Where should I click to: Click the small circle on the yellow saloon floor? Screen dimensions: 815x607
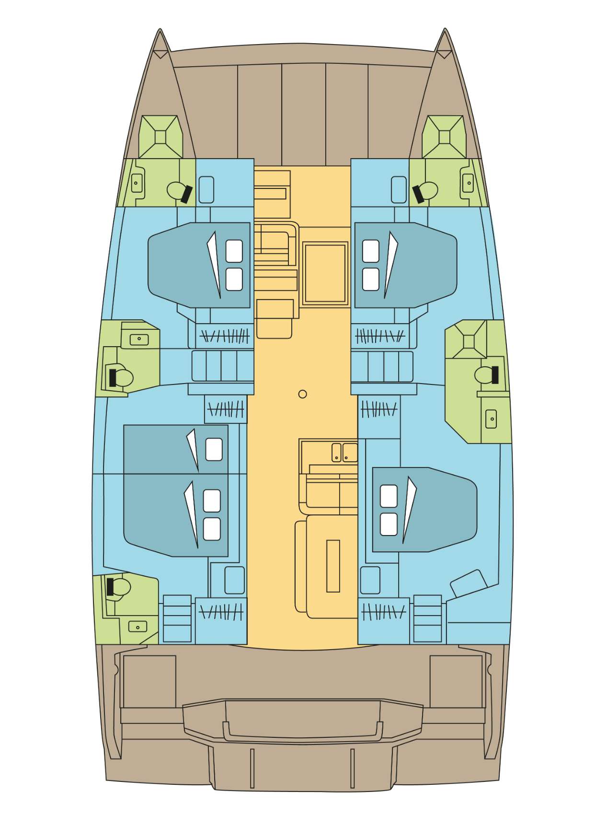(302, 394)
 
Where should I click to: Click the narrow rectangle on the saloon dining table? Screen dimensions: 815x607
(333, 566)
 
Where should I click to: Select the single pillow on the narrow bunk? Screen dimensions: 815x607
(214, 449)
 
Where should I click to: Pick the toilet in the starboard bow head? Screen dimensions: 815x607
(426, 191)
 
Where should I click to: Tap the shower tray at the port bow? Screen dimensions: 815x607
(160, 137)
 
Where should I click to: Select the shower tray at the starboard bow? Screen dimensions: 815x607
(444, 137)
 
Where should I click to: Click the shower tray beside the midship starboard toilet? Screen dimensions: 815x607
(469, 341)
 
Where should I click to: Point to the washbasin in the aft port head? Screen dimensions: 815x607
(138, 627)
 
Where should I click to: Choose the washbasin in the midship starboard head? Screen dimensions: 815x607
(491, 419)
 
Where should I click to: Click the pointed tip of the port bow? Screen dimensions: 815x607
(160, 32)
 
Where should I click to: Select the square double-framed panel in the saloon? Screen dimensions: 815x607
(325, 273)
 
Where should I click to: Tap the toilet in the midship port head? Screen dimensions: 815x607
(121, 378)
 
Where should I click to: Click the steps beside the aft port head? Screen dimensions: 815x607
(177, 618)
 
